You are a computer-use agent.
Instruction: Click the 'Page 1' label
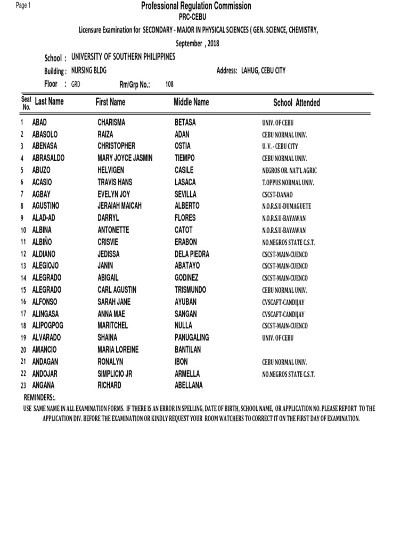(23, 5)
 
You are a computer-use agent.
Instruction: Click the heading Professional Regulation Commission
(195, 6)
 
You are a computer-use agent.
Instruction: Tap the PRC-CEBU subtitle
(195, 18)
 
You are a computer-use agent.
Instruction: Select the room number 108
(170, 84)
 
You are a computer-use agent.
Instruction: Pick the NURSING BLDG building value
(88, 71)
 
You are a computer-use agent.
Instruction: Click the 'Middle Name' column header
(191, 102)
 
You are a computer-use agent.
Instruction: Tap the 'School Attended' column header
(297, 103)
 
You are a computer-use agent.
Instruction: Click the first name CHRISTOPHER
(116, 146)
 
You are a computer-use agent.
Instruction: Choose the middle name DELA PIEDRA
(192, 254)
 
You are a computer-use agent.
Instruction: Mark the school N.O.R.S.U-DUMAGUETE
(287, 207)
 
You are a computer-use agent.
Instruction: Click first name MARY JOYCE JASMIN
(124, 158)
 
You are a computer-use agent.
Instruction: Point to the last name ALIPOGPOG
(51, 326)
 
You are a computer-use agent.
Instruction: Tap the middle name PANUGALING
(192, 337)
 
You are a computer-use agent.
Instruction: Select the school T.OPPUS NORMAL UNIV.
(288, 183)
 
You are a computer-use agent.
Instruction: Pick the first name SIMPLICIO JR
(114, 374)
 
